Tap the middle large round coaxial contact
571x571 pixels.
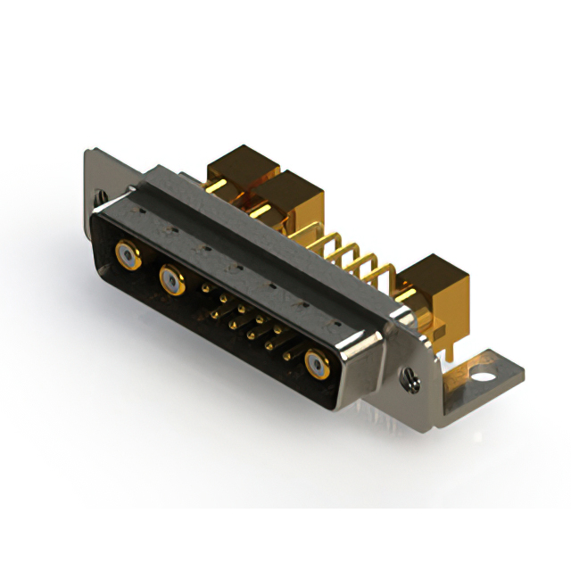[171, 281]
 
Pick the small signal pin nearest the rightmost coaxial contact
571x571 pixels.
[286, 355]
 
